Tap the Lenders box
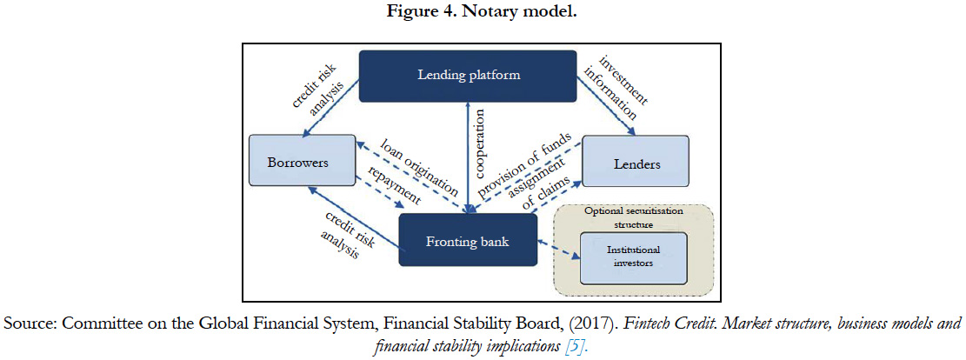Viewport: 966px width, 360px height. tap(636, 163)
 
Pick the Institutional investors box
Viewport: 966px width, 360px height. tap(633, 257)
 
